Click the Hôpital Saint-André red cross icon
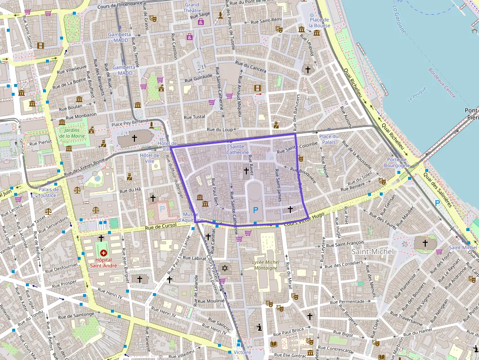[103, 253]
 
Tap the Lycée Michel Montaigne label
[265, 265]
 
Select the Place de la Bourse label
[319, 22]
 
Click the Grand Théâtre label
[192, 7]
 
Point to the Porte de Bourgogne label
[397, 163]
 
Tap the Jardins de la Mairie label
[72, 132]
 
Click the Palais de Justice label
[48, 192]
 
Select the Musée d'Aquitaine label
[190, 217]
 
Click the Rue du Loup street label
[218, 129]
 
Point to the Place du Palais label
[328, 139]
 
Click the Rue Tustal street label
[195, 117]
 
